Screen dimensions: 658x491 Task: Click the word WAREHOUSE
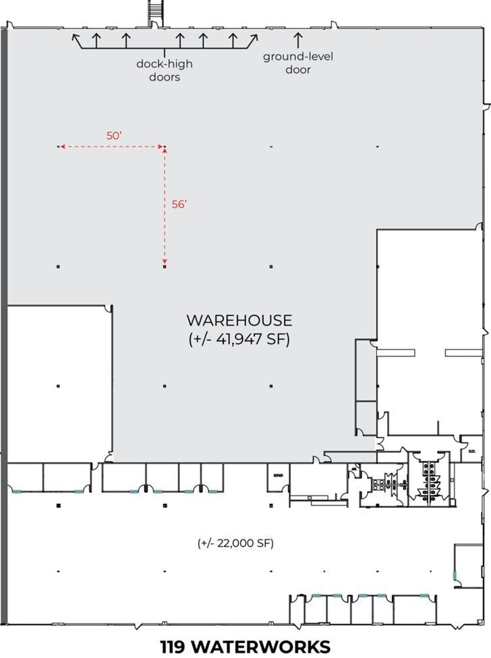[239, 320]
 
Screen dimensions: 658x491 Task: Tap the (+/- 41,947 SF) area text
[239, 339]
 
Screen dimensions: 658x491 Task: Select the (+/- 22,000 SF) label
[235, 543]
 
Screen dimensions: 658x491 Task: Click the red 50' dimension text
[114, 135]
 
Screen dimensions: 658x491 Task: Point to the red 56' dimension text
[179, 204]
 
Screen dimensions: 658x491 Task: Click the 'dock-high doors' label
[163, 71]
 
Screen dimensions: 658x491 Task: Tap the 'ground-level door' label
[297, 63]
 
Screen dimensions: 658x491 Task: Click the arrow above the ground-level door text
[297, 39]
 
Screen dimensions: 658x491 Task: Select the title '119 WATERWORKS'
[246, 646]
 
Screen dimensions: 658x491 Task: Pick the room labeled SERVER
[278, 476]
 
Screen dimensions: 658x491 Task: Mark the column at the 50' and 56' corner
[165, 147]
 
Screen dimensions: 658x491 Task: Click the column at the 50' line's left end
[59, 147]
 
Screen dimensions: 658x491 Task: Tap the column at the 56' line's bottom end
[165, 267]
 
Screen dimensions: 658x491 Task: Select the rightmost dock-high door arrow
[253, 39]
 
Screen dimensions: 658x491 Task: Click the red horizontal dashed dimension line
[112, 147]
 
